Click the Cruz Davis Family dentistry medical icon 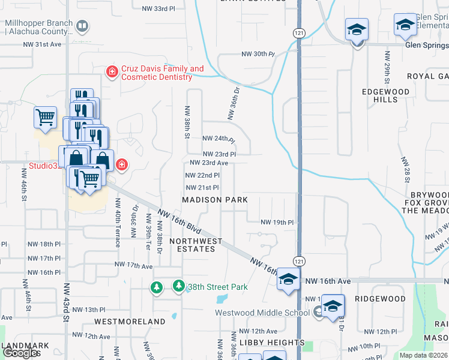[112, 73]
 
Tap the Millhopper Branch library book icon [82, 26]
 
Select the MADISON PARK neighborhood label [211, 200]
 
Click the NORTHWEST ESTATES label [196, 246]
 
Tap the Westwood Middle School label [263, 312]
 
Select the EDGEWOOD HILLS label [385, 96]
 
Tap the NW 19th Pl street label [277, 222]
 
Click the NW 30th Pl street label [258, 54]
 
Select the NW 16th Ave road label [328, 281]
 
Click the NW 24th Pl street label [218, 140]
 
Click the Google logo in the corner [20, 353]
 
